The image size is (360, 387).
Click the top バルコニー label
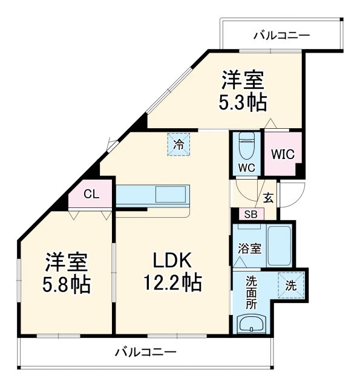click(281, 36)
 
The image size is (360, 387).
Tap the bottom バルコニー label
click(145, 352)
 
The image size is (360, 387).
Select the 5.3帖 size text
click(243, 102)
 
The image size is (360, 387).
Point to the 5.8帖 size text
click(67, 284)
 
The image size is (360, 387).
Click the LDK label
click(172, 261)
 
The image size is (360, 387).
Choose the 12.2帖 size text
click(172, 282)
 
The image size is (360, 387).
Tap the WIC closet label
click(283, 154)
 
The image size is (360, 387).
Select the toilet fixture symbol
click(247, 146)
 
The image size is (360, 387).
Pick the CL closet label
click(91, 194)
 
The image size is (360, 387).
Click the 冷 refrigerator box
click(179, 145)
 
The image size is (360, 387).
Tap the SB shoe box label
click(249, 214)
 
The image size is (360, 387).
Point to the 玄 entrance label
click(268, 197)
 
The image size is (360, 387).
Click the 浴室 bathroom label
click(247, 248)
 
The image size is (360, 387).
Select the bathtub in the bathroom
click(279, 246)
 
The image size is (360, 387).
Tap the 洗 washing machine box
click(290, 285)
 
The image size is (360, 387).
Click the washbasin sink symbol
click(250, 325)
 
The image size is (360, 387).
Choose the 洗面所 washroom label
click(251, 293)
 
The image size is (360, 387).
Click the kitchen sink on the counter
click(172, 195)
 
